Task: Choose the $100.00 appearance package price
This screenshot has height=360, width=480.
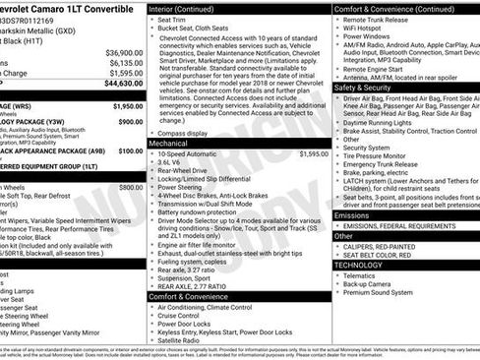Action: click(130, 151)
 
